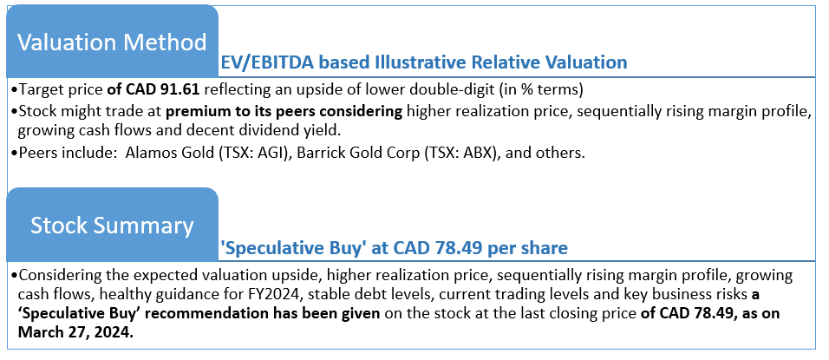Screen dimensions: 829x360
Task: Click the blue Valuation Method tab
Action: pos(112,42)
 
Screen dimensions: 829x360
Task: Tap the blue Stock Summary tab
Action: pos(112,225)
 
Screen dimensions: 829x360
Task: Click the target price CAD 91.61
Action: pos(162,90)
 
